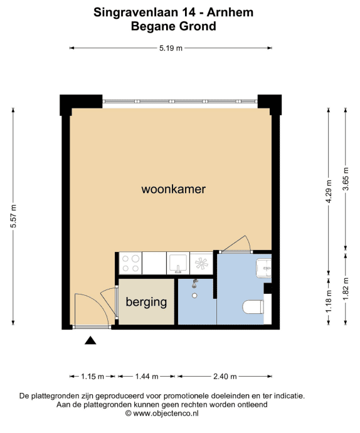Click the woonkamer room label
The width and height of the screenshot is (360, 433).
[174, 189]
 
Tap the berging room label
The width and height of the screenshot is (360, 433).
[146, 302]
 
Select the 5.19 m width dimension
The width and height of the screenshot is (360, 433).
[171, 48]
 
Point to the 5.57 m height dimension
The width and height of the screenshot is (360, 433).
[13, 216]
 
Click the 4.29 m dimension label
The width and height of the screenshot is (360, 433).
[329, 191]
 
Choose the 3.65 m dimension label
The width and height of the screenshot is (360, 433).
[346, 179]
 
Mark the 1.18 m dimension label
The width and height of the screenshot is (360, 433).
[329, 301]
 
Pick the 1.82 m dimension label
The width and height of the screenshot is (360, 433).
[346, 289]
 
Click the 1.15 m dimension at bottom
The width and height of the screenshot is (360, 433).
[92, 377]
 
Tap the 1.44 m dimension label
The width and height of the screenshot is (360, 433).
[147, 377]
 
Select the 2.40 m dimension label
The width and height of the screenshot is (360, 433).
[225, 377]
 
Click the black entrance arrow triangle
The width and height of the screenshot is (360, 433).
[90, 341]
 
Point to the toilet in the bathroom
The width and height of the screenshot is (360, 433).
[253, 307]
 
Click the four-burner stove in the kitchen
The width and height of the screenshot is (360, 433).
[130, 263]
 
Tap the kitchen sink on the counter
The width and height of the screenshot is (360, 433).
[178, 264]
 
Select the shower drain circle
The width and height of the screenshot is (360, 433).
[194, 296]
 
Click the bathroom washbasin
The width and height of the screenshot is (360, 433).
[264, 268]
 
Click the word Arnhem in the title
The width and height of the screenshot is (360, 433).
[230, 13]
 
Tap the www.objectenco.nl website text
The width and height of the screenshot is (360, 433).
[166, 414]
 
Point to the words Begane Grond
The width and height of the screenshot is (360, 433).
[174, 26]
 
